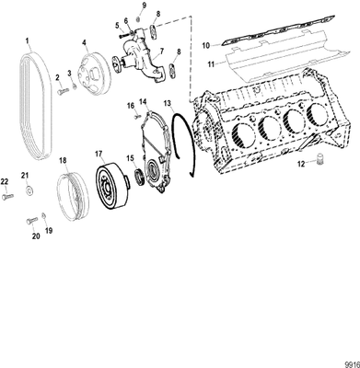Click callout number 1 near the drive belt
click(28, 41)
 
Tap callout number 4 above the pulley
click(86, 42)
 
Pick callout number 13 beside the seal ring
click(168, 104)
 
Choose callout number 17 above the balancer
click(99, 152)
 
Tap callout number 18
click(64, 160)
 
